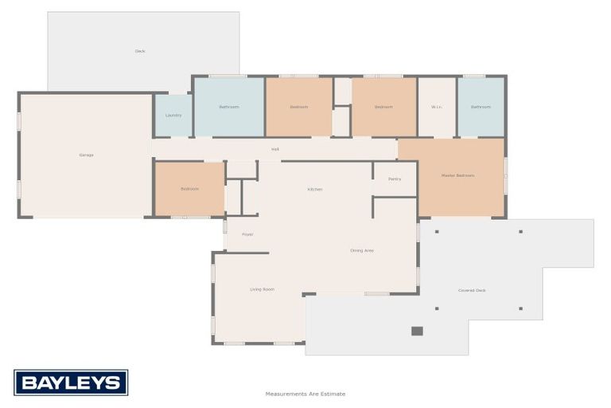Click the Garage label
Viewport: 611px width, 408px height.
coord(86,155)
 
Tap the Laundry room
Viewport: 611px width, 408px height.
coord(173,116)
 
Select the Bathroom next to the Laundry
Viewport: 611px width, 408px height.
coord(229,107)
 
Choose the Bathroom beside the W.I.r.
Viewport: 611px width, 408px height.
coord(481,107)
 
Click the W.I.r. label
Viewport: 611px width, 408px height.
coord(437,107)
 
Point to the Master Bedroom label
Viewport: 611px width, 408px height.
coord(457,175)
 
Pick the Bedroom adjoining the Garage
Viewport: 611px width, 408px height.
coord(189,189)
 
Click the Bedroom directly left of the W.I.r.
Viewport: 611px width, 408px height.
coord(383,107)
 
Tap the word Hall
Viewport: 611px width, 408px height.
coord(275,149)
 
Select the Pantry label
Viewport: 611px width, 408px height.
coord(395,179)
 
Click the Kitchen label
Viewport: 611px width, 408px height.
coord(315,190)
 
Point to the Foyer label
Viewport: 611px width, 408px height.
coord(247,234)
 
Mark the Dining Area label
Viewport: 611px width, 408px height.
coord(362,251)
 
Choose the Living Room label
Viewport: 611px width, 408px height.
coord(262,289)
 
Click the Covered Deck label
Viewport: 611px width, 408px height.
coord(472,290)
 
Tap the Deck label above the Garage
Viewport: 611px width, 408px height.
coord(140,51)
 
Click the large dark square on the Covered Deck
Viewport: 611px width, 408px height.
coord(417,331)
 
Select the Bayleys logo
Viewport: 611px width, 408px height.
coord(71,382)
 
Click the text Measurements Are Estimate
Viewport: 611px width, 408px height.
coord(305,394)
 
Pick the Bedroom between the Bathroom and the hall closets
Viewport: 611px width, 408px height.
coord(298,107)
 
